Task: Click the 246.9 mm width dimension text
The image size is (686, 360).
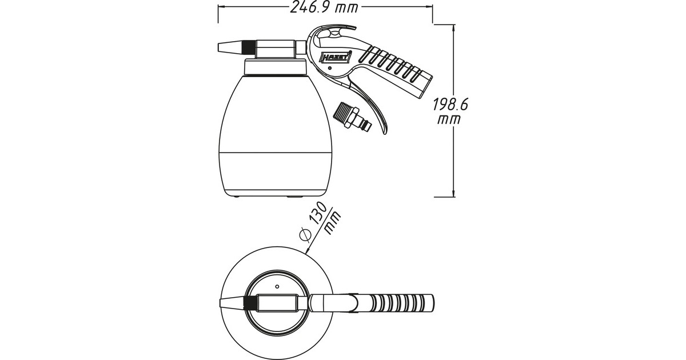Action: tap(324, 8)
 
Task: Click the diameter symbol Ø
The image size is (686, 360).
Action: tap(305, 234)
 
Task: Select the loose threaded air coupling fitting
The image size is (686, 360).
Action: tap(354, 118)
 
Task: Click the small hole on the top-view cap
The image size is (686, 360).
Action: tap(277, 285)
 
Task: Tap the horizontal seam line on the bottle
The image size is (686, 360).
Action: tap(276, 153)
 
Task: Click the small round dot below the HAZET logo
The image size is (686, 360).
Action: tap(329, 69)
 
